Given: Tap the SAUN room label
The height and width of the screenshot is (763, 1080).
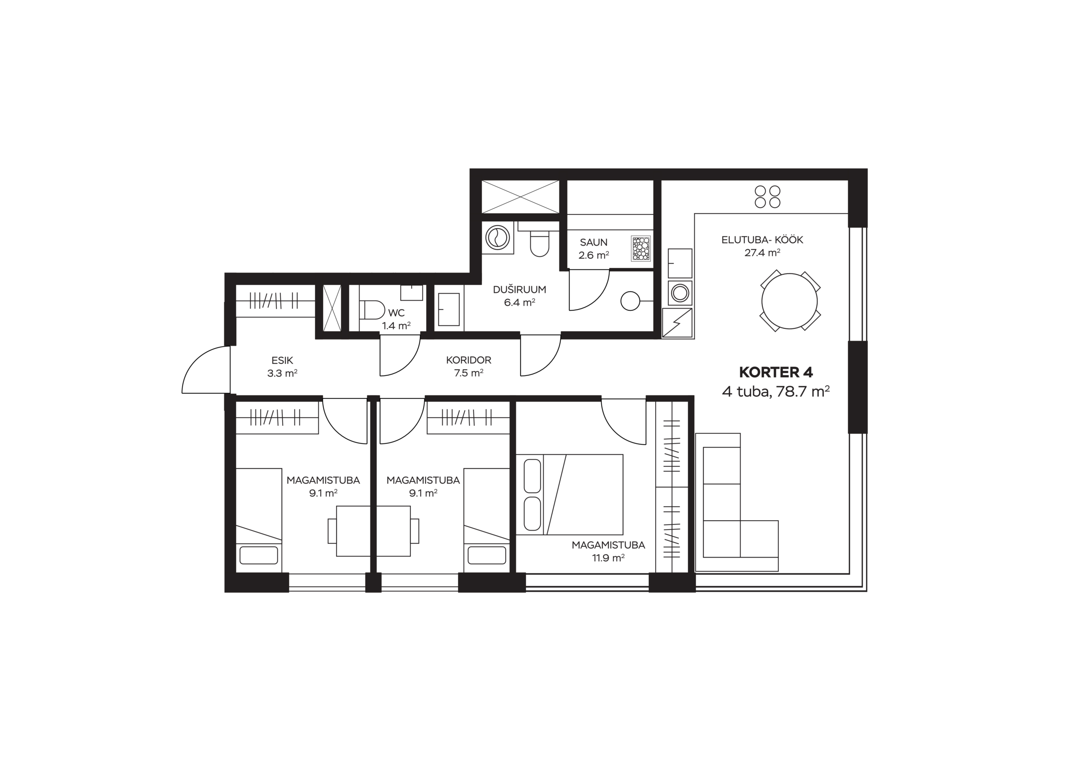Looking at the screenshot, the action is (x=594, y=242).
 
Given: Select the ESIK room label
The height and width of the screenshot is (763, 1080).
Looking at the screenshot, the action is (x=282, y=360).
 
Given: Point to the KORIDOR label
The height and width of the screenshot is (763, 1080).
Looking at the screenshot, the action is (x=469, y=360).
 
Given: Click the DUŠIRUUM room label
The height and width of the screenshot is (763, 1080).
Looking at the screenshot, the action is (x=519, y=290).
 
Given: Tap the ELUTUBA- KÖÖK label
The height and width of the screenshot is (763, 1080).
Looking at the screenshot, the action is (x=762, y=240).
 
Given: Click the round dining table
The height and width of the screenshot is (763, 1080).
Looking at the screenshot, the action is (x=790, y=301).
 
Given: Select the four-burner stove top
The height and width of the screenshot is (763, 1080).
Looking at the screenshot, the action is (x=767, y=197).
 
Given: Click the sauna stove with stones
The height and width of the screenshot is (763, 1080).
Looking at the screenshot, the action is (x=641, y=249).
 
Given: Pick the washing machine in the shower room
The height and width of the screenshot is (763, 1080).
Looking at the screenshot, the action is (x=498, y=238).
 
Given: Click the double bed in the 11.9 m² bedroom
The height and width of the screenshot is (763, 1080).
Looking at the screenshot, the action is (x=569, y=494).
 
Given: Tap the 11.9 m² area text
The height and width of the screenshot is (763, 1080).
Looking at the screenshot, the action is (x=608, y=558).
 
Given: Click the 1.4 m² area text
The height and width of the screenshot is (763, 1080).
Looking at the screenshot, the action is (x=396, y=325).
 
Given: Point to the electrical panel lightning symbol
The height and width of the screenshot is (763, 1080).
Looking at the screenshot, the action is (x=678, y=323).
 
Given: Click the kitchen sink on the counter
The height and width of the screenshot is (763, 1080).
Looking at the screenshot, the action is (x=680, y=263).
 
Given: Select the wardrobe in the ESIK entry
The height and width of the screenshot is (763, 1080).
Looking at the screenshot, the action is (x=275, y=301).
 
